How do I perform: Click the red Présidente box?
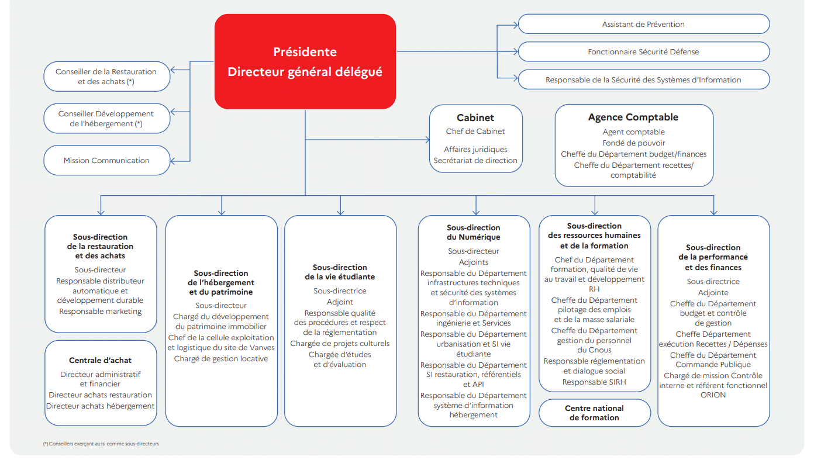305,61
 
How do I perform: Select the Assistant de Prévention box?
644,24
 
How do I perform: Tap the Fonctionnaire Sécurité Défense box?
644,51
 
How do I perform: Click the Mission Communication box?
107,160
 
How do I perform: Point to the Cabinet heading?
475,117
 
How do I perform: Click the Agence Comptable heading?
633,117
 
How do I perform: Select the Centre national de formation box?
595,413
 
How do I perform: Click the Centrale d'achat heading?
101,360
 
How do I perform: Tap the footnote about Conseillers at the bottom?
101,444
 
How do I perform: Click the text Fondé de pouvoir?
634,143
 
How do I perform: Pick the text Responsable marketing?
101,312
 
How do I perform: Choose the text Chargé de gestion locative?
221,359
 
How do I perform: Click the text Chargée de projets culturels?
340,343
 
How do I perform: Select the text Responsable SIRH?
594,382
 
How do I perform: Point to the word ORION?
713,395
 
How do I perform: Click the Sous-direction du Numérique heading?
474,232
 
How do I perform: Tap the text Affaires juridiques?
475,149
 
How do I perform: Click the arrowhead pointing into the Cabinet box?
427,140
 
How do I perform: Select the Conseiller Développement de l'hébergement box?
107,119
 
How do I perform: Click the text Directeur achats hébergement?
101,406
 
